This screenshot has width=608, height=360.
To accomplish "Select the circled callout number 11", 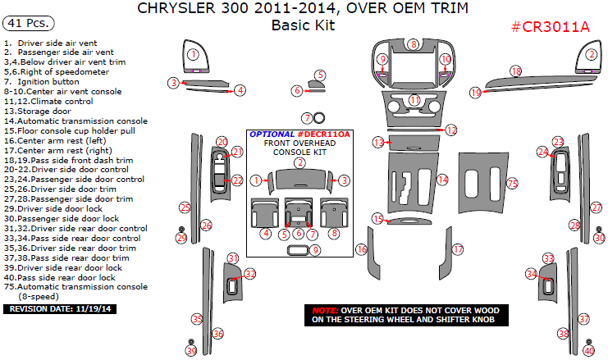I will (x=415, y=100).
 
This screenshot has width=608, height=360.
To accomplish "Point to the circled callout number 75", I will (x=512, y=183).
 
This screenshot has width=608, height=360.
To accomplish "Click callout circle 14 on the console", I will (x=442, y=180).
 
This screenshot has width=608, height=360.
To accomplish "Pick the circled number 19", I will (x=475, y=93).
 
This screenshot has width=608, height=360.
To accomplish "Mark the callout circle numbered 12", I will (x=451, y=130).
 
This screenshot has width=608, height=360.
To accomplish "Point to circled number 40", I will (x=588, y=350).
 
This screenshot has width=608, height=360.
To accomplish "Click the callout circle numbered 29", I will (x=181, y=238).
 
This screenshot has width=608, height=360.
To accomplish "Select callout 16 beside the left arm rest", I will (x=360, y=248).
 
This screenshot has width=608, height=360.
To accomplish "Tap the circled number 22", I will (x=237, y=180).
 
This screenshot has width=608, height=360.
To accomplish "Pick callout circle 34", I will (x=532, y=274).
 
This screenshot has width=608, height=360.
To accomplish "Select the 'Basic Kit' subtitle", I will (x=303, y=25).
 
